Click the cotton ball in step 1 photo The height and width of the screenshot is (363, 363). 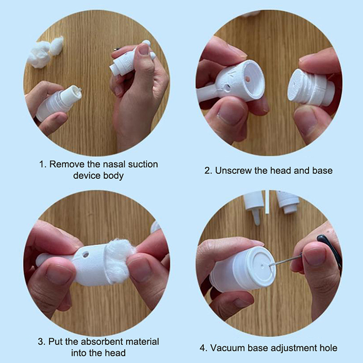[x=44, y=52]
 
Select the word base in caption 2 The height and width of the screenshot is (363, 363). [x=322, y=171]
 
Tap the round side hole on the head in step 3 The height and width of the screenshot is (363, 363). [x=85, y=255]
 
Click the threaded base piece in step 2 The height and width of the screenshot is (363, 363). [x=310, y=88]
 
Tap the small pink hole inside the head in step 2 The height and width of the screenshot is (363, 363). [x=247, y=79]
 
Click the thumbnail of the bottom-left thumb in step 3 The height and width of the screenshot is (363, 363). [x=57, y=274]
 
